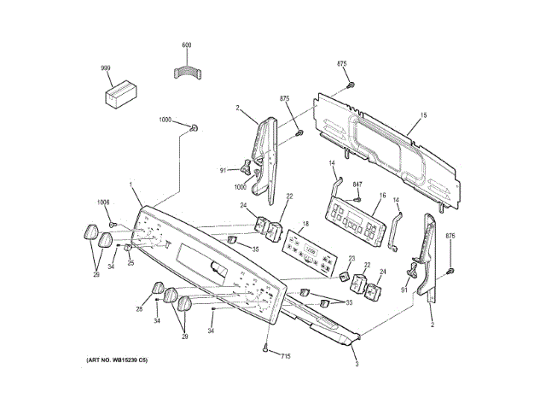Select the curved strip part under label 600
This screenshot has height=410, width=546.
pyautogui.click(x=187, y=73)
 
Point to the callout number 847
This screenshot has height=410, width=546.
pyautogui.click(x=358, y=185)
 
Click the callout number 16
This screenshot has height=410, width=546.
pyautogui.click(x=382, y=196)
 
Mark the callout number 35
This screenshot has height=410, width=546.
pyautogui.click(x=254, y=249)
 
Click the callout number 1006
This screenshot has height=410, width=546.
pyautogui.click(x=103, y=202)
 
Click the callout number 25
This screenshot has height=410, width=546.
pyautogui.click(x=131, y=262)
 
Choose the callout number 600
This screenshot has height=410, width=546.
pyautogui.click(x=187, y=44)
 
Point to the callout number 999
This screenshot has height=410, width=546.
pyautogui.click(x=106, y=67)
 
